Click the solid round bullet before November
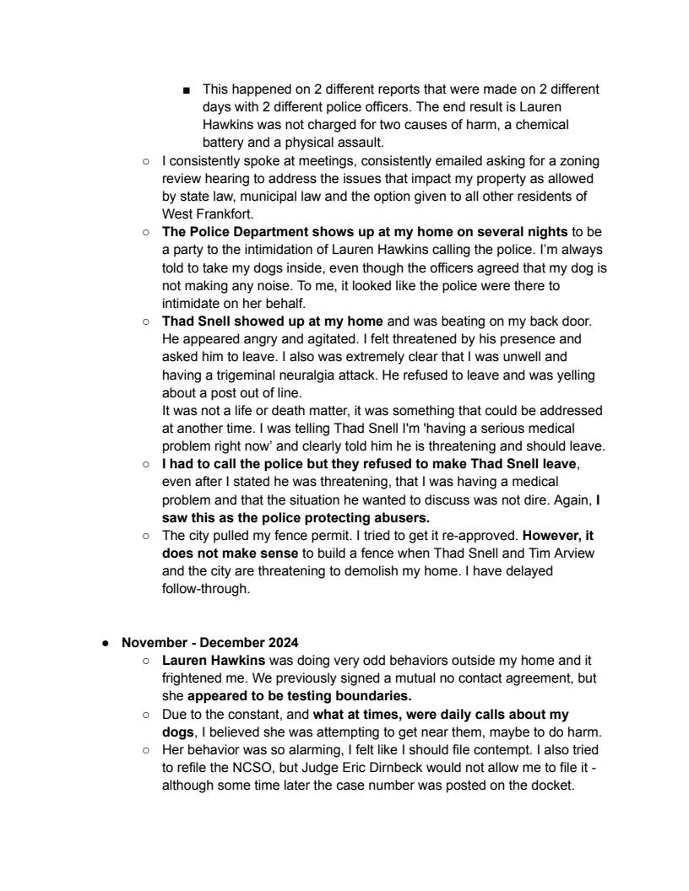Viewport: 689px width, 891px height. (106, 642)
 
